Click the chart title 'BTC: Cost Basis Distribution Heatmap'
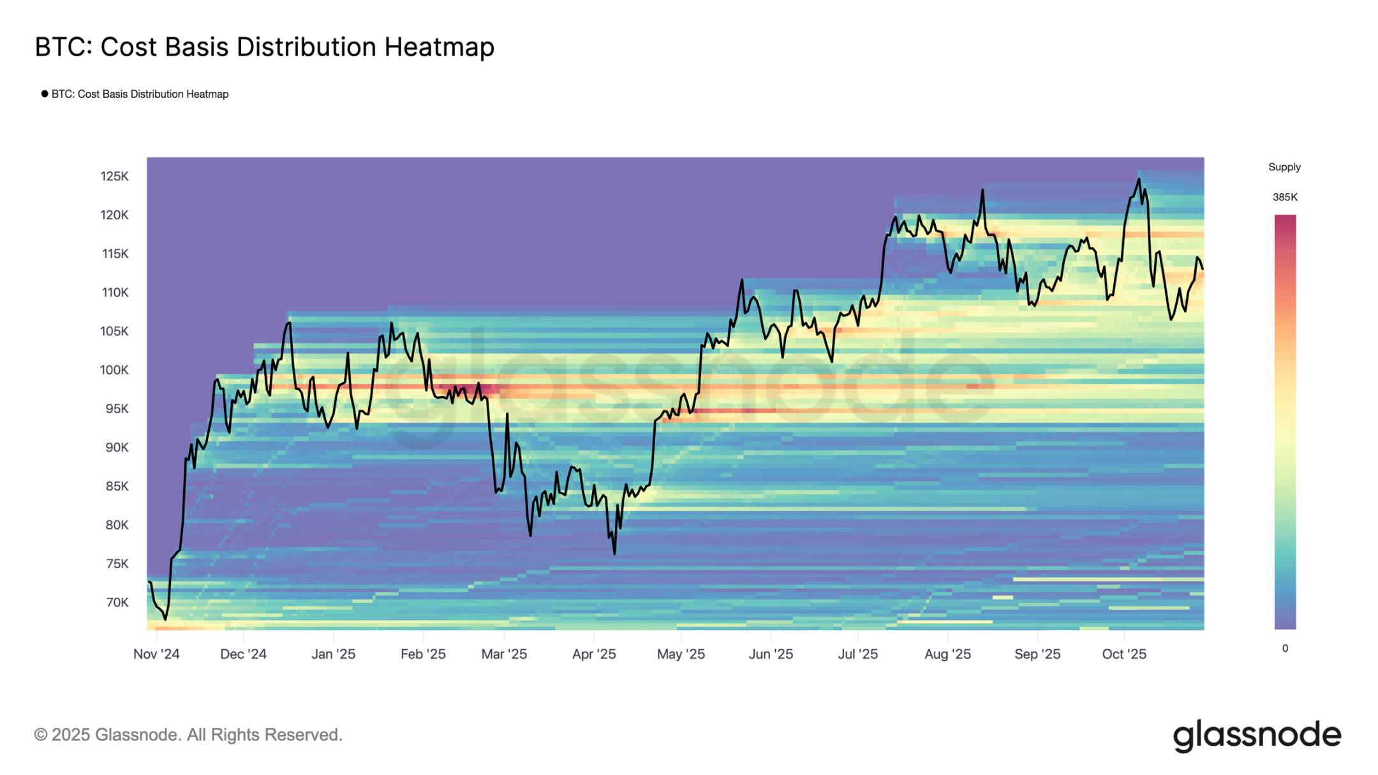coord(264,47)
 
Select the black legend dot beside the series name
coord(45,94)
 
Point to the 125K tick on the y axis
coord(114,176)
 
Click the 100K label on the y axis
coord(114,370)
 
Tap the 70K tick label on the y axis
coord(117,602)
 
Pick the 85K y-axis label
coord(117,486)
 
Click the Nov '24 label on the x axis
coord(156,654)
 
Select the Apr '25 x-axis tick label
coord(594,654)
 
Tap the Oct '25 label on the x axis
coord(1124,654)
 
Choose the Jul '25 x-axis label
coord(857,654)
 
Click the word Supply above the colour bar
coord(1284,167)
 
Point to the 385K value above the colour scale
coord(1285,197)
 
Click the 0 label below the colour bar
coord(1285,648)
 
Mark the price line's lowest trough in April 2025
coord(614,553)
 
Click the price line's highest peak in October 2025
coord(1139,179)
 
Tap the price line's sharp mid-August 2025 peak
coord(982,190)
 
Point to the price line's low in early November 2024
coord(165,619)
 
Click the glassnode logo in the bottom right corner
coord(1257,735)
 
